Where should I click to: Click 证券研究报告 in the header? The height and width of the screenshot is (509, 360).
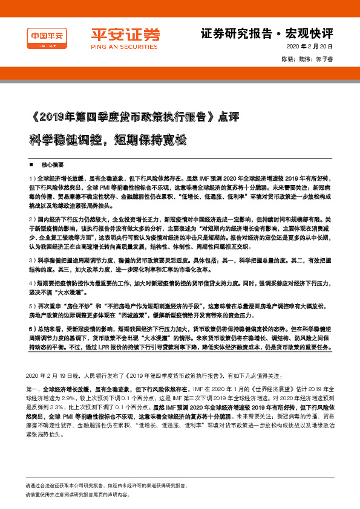(x=233, y=33)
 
